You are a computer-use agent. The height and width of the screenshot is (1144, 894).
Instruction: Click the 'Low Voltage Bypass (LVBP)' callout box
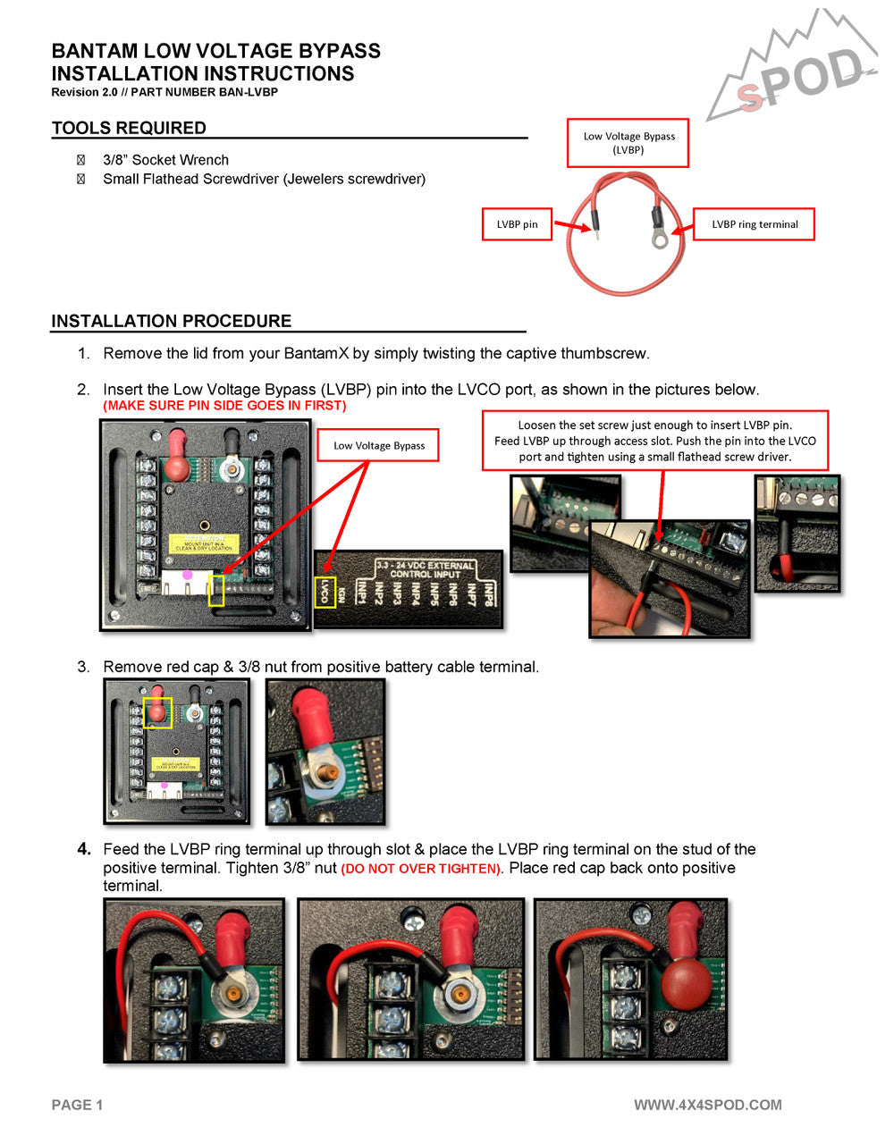pyautogui.click(x=628, y=143)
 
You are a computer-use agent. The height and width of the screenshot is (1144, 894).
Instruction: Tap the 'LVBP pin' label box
pyautogui.click(x=517, y=224)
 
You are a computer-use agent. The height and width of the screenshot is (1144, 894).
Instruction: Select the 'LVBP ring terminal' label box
pyautogui.click(x=754, y=224)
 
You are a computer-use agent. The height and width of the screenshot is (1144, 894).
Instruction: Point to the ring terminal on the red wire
pyautogui.click(x=661, y=239)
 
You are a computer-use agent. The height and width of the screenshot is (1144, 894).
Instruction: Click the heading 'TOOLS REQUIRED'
pyautogui.click(x=129, y=128)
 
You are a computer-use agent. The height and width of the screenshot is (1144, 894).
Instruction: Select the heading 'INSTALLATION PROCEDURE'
pyautogui.click(x=172, y=321)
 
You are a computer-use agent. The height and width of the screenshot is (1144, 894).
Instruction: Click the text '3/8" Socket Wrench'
pyautogui.click(x=165, y=160)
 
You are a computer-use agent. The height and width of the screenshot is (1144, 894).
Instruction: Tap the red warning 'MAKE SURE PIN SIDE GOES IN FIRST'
pyautogui.click(x=224, y=406)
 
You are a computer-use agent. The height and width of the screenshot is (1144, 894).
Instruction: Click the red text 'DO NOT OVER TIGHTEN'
pyautogui.click(x=421, y=869)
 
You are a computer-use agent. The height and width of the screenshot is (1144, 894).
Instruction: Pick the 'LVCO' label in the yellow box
pyautogui.click(x=325, y=592)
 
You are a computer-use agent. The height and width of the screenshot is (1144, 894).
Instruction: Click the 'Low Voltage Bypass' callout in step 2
pyautogui.click(x=378, y=445)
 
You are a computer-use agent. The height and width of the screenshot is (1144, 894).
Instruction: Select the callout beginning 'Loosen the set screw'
pyautogui.click(x=654, y=441)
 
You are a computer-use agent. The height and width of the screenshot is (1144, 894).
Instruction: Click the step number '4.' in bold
pyautogui.click(x=84, y=849)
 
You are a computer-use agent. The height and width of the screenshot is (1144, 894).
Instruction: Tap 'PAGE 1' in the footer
pyautogui.click(x=77, y=1105)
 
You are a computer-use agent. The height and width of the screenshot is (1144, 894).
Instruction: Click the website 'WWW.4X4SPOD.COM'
pyautogui.click(x=707, y=1105)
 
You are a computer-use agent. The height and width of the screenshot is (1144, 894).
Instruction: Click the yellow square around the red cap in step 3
pyautogui.click(x=158, y=712)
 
